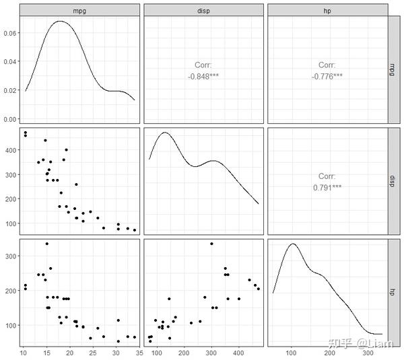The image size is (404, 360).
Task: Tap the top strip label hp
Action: [327, 11]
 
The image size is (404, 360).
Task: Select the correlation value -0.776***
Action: [327, 77]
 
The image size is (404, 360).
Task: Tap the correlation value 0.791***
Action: [327, 188]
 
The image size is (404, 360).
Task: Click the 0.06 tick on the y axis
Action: [10, 33]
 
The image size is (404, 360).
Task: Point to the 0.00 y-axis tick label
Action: [10, 119]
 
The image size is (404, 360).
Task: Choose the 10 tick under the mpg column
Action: [24, 353]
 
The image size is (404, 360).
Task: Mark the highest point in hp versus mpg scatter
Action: [47, 244]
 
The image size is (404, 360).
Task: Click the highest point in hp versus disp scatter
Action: [211, 244]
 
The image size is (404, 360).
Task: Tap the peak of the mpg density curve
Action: [61, 21]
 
